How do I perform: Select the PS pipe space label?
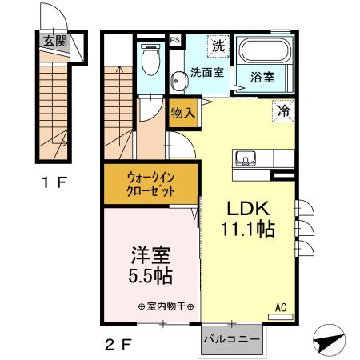click(x=175, y=39)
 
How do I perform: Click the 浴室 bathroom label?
click(x=262, y=78)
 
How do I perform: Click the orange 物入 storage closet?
click(x=184, y=114)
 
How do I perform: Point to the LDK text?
click(x=247, y=206)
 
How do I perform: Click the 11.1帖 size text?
click(x=248, y=230)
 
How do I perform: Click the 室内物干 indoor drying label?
click(x=170, y=306)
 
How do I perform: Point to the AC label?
click(x=281, y=306)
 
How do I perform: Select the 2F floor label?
click(x=118, y=346)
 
